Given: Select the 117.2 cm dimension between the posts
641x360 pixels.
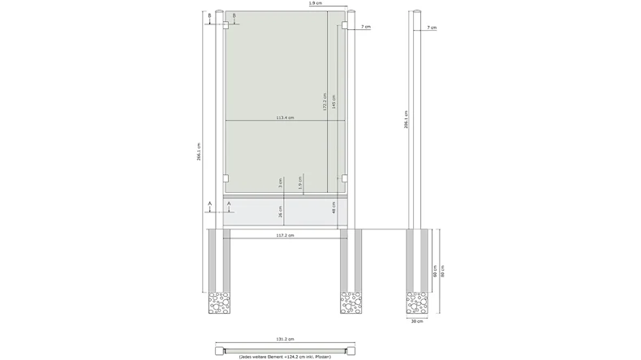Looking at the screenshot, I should point(284,236).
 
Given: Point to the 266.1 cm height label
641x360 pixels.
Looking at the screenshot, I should point(200,152).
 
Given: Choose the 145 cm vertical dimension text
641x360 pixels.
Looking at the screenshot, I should point(333,101).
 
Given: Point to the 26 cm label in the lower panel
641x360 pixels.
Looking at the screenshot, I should point(281,212).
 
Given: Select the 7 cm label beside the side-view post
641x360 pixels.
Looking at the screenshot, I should point(432,28).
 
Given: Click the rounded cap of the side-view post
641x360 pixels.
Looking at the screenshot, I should point(419,14).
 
